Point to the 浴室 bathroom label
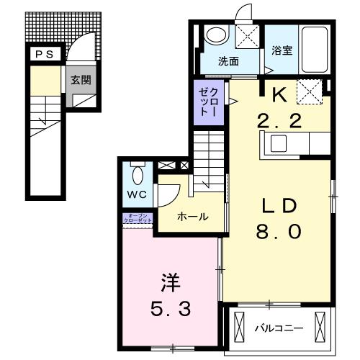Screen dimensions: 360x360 [282, 50]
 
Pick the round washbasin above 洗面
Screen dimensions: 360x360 [216, 35]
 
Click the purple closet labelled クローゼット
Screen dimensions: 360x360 [210, 101]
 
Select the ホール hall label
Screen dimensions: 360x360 [193, 216]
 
